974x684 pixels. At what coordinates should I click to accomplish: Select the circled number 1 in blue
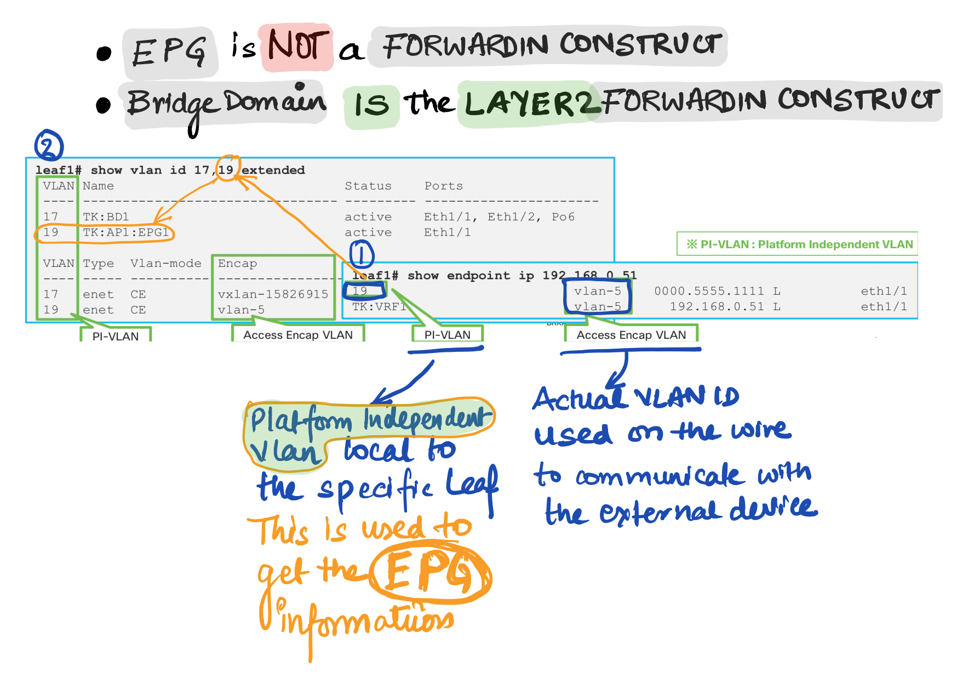[362, 255]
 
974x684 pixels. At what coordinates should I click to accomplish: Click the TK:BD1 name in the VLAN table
[106, 217]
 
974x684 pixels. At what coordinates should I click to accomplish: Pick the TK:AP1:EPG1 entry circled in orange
[126, 232]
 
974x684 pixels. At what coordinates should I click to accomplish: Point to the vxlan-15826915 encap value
[273, 294]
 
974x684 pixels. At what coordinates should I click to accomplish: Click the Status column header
[368, 186]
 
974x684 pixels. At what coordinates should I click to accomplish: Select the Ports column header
[444, 186]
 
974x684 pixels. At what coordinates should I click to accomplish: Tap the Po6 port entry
[563, 217]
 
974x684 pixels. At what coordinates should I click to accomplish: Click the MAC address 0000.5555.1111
[709, 291]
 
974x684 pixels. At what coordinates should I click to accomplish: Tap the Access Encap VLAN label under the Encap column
[298, 335]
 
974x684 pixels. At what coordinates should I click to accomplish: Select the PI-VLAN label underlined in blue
[447, 335]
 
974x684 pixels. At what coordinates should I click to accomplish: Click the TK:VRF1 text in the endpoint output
[378, 307]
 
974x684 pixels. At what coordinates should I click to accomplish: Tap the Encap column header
[237, 264]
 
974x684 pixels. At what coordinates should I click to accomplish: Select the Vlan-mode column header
[166, 264]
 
